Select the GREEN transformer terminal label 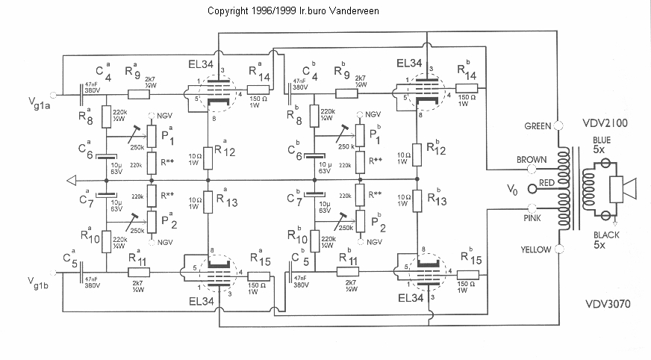pyautogui.click(x=537, y=125)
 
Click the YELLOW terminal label pyautogui.click(x=535, y=249)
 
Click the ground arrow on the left pyautogui.click(x=72, y=180)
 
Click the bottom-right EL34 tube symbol pyautogui.click(x=423, y=271)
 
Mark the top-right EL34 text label pyautogui.click(x=411, y=63)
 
